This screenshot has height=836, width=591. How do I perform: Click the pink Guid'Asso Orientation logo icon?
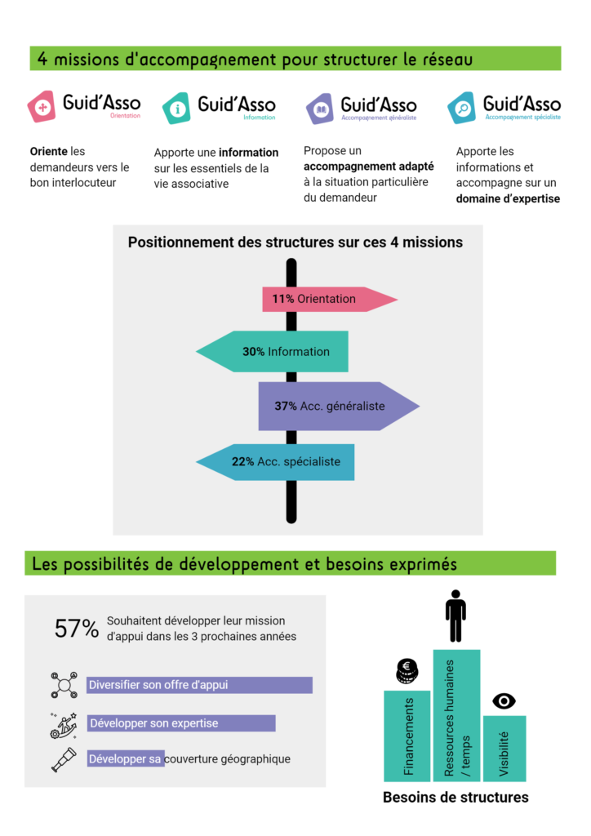[x=42, y=107]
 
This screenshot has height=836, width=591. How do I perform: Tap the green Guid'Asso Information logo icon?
[x=176, y=108]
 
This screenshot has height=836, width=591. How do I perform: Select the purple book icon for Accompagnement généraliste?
[x=319, y=108]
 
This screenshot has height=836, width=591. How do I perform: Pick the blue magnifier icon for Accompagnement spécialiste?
[x=462, y=108]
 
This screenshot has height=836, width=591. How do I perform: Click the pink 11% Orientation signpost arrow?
[x=327, y=299]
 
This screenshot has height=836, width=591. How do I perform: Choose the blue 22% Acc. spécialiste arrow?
[x=278, y=462]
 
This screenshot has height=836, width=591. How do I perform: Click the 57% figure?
[x=77, y=629]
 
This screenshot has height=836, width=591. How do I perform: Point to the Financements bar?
[x=407, y=736]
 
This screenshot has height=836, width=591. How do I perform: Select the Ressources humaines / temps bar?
[x=456, y=715]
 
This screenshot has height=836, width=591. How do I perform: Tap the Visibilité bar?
[x=504, y=748]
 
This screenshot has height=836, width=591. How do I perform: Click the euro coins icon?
[x=406, y=672]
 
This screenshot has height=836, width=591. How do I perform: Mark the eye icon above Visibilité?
[x=504, y=700]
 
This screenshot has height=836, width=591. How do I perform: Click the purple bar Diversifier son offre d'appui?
[x=199, y=685]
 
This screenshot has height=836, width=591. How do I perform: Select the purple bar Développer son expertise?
[x=181, y=723]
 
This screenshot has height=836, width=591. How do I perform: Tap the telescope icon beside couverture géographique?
[x=64, y=759]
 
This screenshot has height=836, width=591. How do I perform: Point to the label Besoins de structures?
[x=455, y=798]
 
